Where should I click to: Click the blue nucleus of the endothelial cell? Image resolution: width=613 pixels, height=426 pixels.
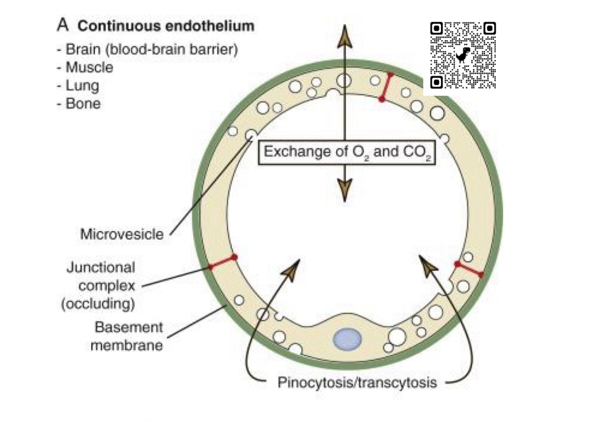click(347, 340)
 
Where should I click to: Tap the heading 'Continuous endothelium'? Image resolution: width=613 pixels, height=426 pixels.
click(165, 26)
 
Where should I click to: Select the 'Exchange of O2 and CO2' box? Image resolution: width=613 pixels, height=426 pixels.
click(347, 152)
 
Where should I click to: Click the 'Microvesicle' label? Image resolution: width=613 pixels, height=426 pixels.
click(122, 234)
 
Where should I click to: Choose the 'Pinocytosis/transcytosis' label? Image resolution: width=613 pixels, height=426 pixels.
click(357, 382)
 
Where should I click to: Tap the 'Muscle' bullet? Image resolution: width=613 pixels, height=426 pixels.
click(89, 67)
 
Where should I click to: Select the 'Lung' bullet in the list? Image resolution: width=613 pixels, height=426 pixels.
click(82, 85)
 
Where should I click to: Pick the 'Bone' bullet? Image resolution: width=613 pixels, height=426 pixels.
click(83, 103)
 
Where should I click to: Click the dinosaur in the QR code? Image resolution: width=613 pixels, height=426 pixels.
click(463, 55)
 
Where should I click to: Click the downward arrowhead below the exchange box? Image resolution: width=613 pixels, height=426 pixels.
click(344, 189)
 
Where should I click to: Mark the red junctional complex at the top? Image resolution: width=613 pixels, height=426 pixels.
click(386, 86)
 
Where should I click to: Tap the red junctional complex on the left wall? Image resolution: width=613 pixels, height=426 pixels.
click(222, 262)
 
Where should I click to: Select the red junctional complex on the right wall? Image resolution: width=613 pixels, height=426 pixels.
click(469, 269)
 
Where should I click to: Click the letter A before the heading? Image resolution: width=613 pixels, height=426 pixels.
click(62, 25)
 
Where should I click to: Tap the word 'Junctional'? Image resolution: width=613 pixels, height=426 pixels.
click(101, 267)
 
